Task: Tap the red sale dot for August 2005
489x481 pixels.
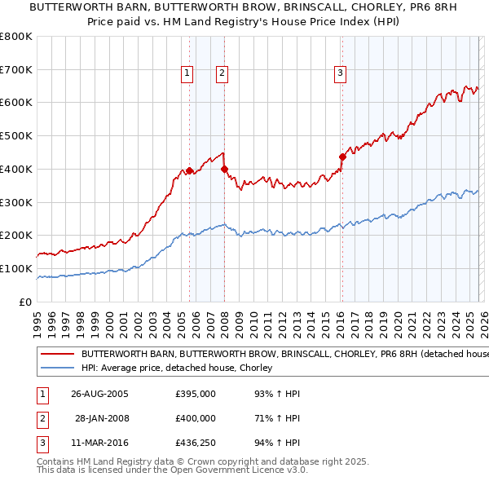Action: point(190,170)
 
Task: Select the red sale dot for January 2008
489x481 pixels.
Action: point(225,169)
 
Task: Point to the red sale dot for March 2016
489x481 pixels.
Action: point(342,157)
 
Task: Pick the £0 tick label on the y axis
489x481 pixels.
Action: point(24,302)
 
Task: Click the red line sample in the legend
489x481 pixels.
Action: point(57,355)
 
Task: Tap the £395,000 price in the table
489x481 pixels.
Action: point(196,394)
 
